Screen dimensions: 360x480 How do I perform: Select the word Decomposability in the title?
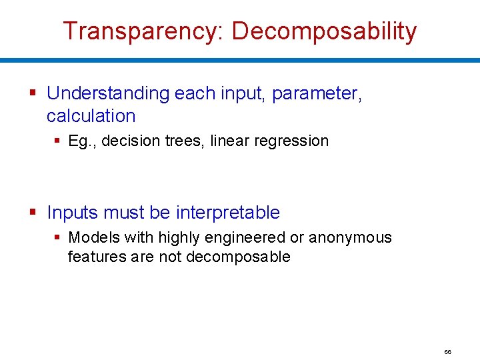point(324,31)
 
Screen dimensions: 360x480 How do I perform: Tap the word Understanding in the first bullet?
point(108,93)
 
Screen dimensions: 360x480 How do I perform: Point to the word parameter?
point(315,93)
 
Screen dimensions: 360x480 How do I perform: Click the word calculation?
point(91,116)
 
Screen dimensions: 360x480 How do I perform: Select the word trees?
point(186,141)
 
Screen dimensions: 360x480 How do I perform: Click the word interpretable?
point(228,213)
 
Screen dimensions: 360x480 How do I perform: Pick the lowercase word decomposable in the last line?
point(238,257)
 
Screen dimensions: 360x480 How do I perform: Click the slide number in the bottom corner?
point(447,351)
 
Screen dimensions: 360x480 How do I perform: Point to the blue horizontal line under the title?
point(240,60)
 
